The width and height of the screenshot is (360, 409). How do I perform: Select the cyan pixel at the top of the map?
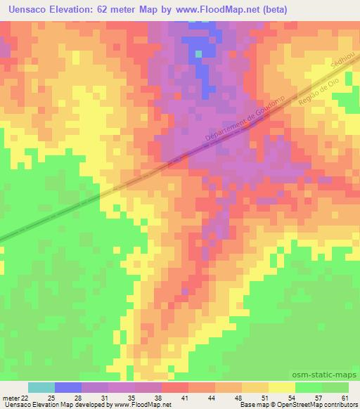click(x=199, y=53)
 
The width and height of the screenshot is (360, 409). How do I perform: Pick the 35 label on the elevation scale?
click(x=124, y=398)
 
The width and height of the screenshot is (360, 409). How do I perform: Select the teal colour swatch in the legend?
click(x=41, y=387)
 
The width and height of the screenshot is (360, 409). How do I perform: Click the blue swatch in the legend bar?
click(x=68, y=387)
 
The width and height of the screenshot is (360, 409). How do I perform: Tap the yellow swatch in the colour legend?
click(x=281, y=387)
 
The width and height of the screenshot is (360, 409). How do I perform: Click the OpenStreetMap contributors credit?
click(x=319, y=405)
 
